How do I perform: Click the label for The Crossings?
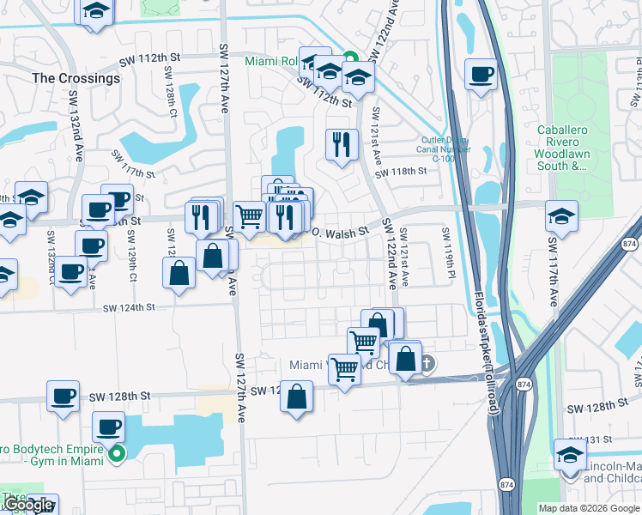click(76, 78)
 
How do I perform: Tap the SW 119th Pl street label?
click(447, 254)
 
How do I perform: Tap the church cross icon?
click(427, 364)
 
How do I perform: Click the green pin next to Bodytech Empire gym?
click(118, 455)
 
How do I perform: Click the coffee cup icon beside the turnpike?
click(481, 74)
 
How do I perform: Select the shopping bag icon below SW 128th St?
click(296, 397)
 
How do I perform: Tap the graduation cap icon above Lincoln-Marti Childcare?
click(569, 454)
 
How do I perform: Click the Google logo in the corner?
click(28, 505)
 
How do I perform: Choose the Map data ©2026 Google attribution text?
click(589, 508)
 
